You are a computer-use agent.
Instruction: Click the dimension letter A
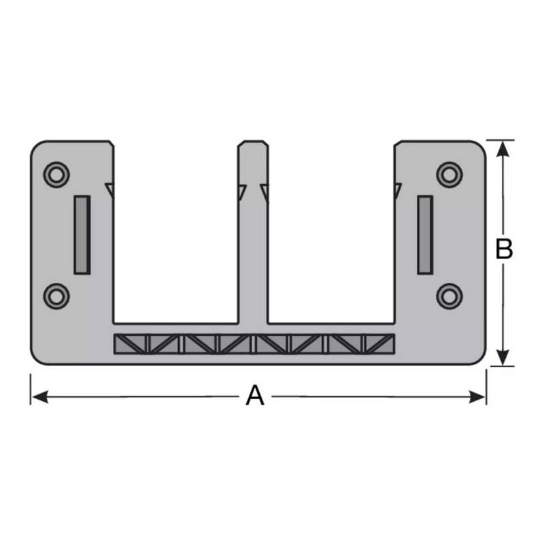tap(255, 395)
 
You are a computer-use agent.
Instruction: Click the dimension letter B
tap(504, 249)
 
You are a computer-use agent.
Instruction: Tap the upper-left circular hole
tap(56, 175)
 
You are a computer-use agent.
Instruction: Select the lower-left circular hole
tap(56, 296)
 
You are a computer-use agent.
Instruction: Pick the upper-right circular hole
tap(449, 175)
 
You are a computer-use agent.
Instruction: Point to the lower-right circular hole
tap(449, 296)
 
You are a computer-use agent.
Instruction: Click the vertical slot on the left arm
tap(82, 235)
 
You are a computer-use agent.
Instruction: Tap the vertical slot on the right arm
tap(425, 235)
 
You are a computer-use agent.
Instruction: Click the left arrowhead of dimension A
tap(39, 396)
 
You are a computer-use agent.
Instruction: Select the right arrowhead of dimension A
tap(477, 396)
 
